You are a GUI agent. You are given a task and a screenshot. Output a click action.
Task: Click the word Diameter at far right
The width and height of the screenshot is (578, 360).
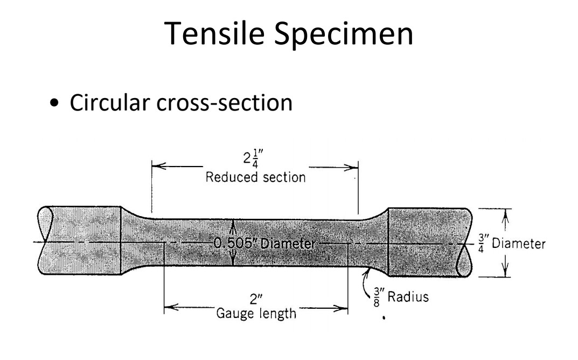click(519, 244)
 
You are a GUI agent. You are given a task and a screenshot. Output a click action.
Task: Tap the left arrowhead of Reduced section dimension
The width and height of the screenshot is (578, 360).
click(156, 166)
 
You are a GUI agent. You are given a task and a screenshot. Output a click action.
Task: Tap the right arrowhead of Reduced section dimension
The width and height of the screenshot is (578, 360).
click(354, 166)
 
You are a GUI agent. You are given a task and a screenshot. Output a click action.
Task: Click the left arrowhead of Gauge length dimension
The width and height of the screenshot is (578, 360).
click(168, 308)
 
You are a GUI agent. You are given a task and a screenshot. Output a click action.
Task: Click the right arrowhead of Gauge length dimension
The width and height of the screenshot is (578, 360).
click(343, 308)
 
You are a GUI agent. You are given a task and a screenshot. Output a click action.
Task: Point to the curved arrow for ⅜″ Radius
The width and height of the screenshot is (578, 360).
click(370, 275)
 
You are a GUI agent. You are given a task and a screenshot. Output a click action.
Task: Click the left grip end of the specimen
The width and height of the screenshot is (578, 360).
click(81, 241)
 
